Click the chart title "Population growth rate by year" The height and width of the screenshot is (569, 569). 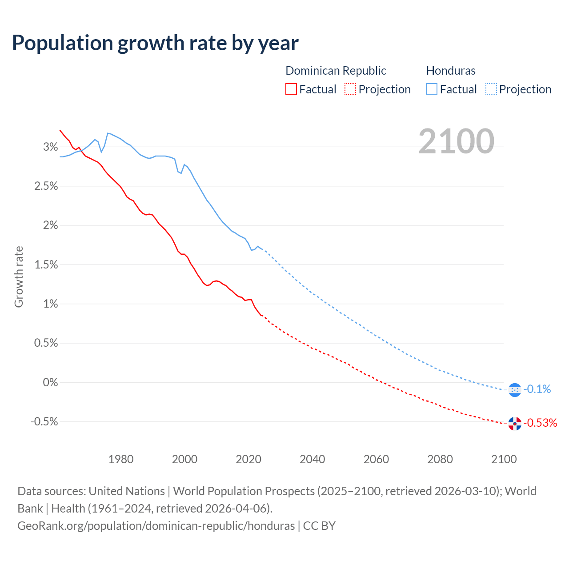155,43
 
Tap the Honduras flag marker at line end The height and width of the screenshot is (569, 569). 514,390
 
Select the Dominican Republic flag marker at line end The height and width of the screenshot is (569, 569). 514,424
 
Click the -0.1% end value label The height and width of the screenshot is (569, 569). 537,389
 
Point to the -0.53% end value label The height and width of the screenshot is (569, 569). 541,423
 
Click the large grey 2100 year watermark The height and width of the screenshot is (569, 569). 456,141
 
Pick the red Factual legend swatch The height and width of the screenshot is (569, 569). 291,89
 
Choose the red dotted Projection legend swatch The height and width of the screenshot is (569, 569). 350,89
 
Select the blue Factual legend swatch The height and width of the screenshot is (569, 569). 431,89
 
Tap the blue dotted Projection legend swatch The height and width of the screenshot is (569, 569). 491,89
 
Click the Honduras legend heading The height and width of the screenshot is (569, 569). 451,71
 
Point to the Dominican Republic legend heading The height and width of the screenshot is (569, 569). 336,71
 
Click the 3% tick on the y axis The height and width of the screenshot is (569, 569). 50,147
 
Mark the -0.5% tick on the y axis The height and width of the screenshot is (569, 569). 44,421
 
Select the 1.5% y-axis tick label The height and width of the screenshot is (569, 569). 46,265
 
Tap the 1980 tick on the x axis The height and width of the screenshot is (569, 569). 121,459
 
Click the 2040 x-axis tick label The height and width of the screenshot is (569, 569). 312,459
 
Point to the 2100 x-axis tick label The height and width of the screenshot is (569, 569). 504,459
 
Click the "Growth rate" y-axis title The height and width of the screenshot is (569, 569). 19,276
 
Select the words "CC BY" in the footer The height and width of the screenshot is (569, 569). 319,526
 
